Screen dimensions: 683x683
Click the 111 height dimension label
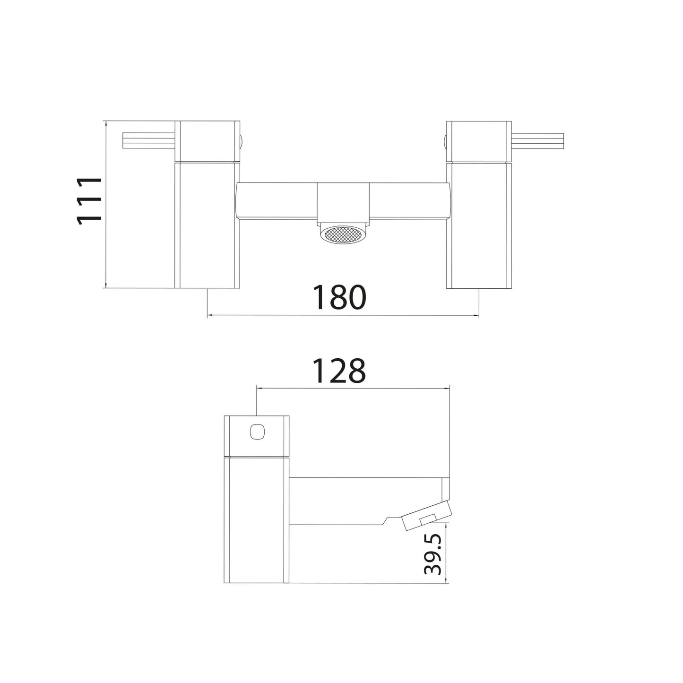click(x=89, y=201)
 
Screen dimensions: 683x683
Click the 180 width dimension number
click(x=339, y=297)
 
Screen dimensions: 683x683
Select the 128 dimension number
click(x=339, y=371)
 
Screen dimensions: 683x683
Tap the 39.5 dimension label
click(x=433, y=559)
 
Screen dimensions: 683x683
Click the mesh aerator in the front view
click(x=343, y=234)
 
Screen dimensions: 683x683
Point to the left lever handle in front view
click(x=149, y=141)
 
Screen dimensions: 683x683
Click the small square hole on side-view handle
click(x=256, y=432)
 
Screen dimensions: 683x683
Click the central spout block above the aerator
click(x=343, y=204)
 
